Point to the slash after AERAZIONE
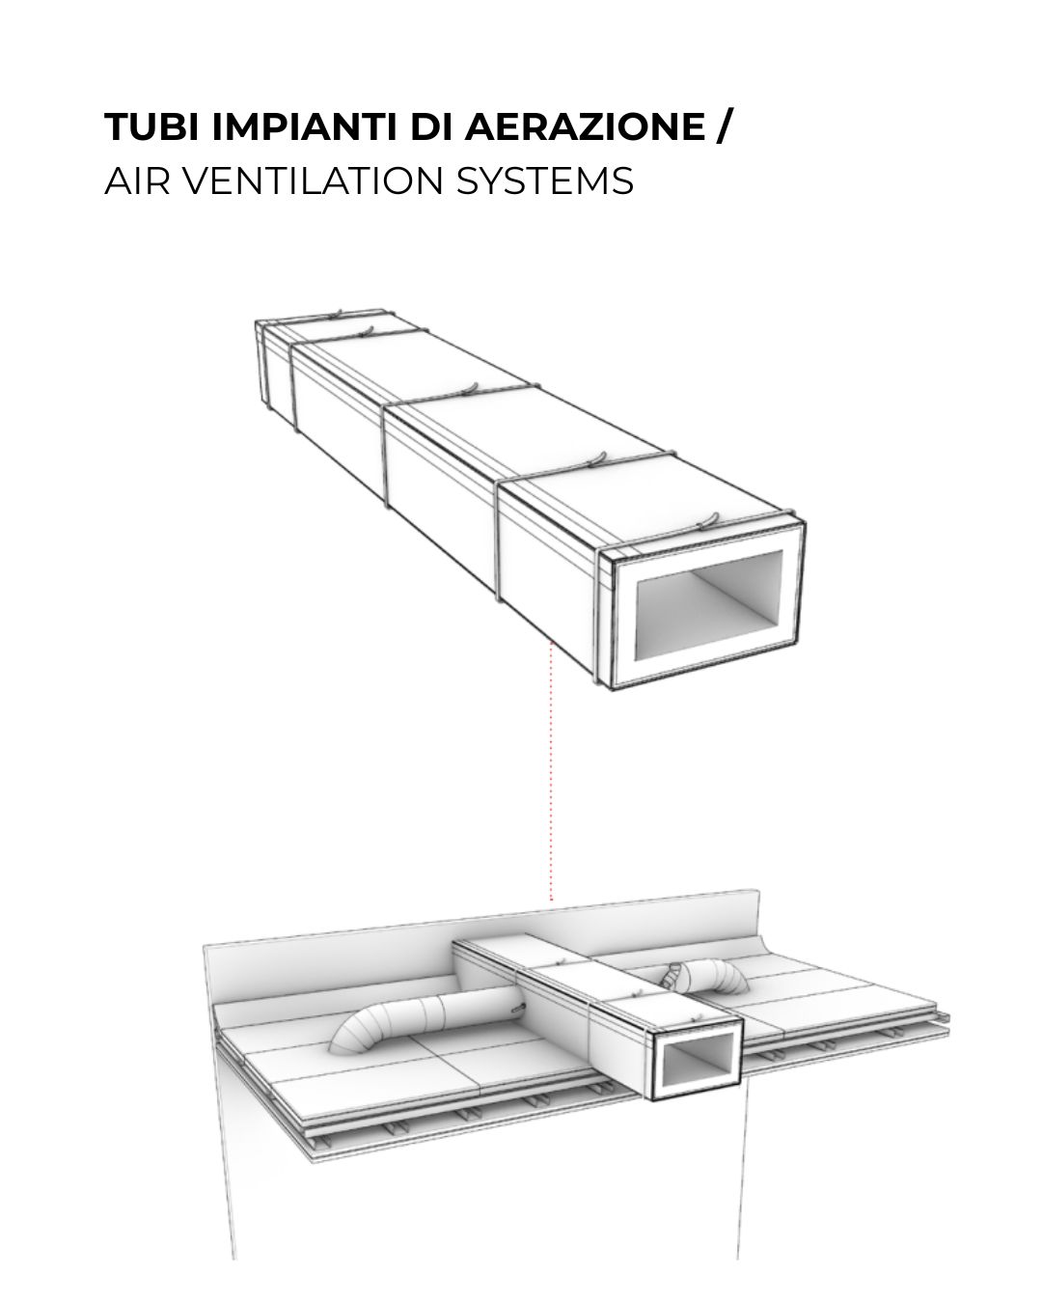[724, 126]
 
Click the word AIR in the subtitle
[137, 180]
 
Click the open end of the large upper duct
[708, 606]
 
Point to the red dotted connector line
[551, 770]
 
